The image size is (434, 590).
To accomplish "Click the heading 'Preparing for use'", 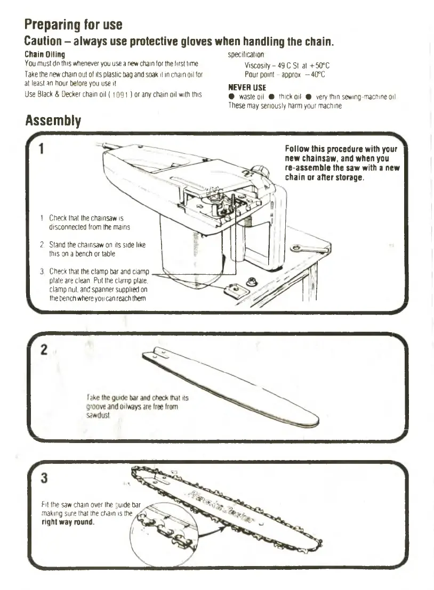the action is pos(74,24).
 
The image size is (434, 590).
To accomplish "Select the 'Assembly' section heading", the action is pos(53,121).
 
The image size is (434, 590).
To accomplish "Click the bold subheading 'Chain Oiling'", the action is pos(45,54).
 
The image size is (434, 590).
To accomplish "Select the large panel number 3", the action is pos(45,478).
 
